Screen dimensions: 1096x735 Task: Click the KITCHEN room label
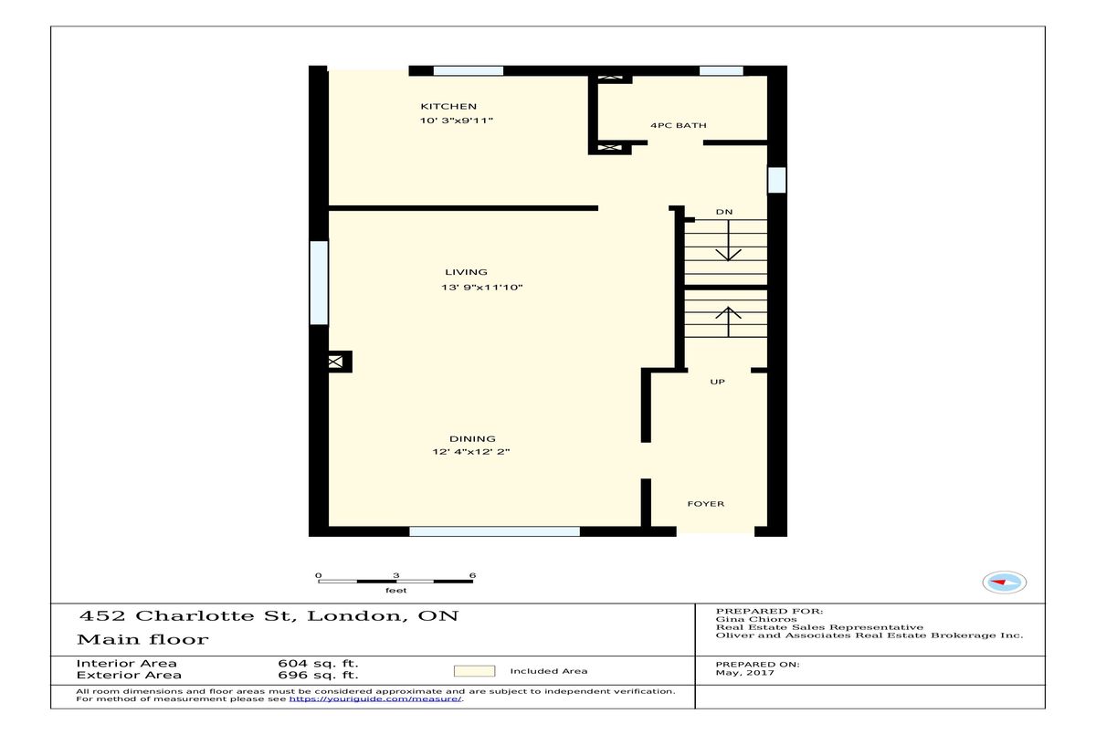point(448,107)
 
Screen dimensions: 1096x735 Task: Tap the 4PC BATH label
point(678,125)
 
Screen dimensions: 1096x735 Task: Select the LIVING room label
point(466,272)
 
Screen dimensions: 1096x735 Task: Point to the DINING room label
point(472,438)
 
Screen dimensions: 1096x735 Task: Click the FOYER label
point(705,504)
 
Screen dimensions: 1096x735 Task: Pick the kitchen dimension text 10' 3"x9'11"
point(456,121)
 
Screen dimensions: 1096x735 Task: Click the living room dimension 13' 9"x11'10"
point(482,287)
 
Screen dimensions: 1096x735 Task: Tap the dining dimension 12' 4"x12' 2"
point(470,451)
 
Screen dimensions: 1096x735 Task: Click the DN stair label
point(724,212)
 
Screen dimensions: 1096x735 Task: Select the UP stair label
point(717,382)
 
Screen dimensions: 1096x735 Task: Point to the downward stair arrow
point(728,240)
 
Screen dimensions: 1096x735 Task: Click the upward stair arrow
point(728,321)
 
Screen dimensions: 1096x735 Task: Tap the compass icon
point(1004,582)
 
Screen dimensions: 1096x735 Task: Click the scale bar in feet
point(395,582)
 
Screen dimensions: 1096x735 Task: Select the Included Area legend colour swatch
point(474,671)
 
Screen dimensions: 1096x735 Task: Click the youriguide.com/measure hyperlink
point(375,698)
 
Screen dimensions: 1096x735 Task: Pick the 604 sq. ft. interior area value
point(318,664)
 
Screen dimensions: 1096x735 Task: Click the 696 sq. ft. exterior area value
point(318,676)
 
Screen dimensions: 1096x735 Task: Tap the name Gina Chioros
point(756,619)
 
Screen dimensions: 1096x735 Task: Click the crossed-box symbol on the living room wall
point(335,362)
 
